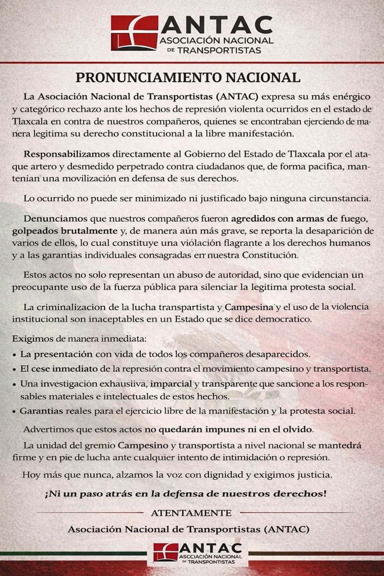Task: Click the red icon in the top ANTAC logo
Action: (134, 32)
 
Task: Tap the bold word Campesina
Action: (250, 308)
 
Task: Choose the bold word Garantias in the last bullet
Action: (41, 411)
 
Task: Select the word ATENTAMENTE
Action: (191, 513)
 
